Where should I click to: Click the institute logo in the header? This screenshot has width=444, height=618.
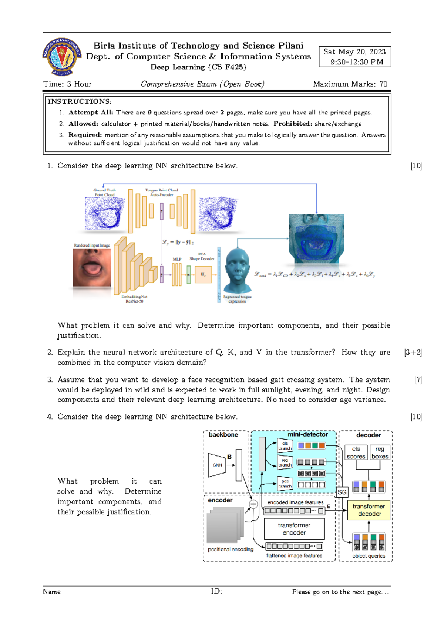62,56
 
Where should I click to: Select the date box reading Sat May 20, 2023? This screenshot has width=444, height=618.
354,57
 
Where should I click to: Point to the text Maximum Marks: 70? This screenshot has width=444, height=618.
350,84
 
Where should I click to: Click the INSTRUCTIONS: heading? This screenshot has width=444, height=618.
80,101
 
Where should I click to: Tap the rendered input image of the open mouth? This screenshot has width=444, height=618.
92,267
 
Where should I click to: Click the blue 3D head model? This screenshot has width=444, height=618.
238,271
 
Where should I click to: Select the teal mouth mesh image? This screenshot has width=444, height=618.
316,238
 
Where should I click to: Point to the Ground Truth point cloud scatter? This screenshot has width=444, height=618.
104,214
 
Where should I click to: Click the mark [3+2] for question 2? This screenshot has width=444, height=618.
413,352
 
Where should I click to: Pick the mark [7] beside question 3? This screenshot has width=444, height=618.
418,380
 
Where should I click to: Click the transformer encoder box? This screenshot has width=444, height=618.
294,529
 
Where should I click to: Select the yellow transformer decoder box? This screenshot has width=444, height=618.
369,510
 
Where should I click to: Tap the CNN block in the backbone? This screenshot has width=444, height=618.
217,465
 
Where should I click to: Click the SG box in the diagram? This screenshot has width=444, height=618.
342,492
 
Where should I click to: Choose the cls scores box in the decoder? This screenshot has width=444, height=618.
356,452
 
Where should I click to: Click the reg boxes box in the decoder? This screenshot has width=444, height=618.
380,452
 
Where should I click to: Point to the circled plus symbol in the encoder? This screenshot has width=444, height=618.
253,504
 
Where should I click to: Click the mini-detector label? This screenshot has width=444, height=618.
308,434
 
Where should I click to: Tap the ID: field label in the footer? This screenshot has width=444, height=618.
216,591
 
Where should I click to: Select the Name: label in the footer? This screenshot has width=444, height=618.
52,592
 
